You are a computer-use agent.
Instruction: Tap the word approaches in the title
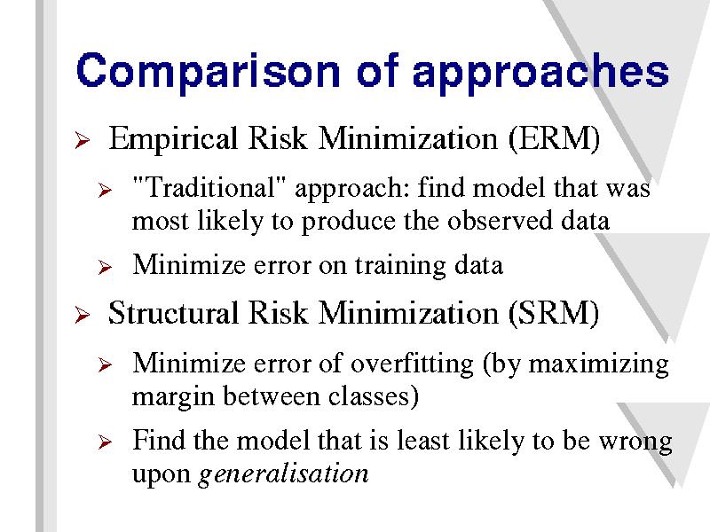click(x=540, y=73)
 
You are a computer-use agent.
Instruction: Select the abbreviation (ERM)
click(x=554, y=138)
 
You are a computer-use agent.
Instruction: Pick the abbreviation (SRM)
click(x=554, y=313)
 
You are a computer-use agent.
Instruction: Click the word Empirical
click(x=173, y=139)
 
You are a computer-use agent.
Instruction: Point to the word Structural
click(x=173, y=313)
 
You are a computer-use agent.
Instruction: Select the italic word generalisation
click(x=283, y=474)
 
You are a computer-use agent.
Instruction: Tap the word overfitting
click(x=412, y=364)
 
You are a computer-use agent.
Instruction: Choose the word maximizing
click(x=598, y=364)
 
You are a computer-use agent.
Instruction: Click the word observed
click(x=500, y=221)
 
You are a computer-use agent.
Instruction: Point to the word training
click(x=400, y=266)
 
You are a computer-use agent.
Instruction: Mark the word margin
click(x=173, y=397)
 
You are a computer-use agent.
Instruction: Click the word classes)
click(x=374, y=396)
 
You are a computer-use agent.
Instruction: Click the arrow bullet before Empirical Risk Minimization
click(x=83, y=140)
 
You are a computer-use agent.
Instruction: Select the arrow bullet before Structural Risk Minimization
click(x=83, y=315)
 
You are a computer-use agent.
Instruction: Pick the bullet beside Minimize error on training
click(x=105, y=268)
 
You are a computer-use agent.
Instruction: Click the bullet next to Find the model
click(x=105, y=442)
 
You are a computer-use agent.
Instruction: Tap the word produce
click(x=348, y=222)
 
